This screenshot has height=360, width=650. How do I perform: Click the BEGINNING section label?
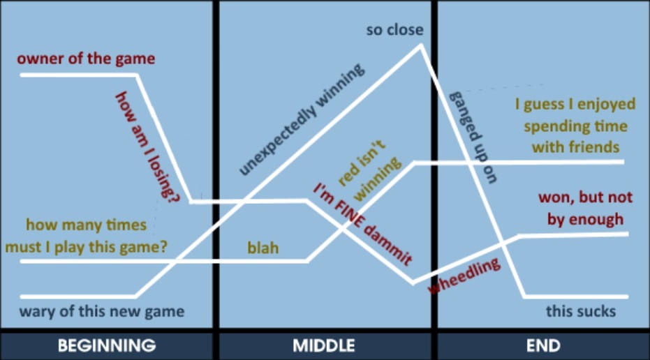(x=106, y=345)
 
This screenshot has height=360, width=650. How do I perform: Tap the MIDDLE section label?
(x=324, y=345)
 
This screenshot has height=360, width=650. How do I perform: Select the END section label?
(x=542, y=345)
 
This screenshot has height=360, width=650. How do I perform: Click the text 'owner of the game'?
(x=86, y=59)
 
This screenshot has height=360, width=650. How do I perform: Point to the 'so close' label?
(x=395, y=30)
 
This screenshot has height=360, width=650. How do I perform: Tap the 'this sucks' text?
(x=581, y=311)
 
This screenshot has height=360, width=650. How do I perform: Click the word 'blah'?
(x=263, y=248)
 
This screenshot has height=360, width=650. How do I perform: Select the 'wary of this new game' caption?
(x=102, y=311)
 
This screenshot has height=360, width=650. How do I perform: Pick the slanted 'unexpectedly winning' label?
(x=302, y=119)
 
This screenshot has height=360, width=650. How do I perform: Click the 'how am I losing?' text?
(x=147, y=147)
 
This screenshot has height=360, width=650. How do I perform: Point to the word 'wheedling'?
(x=464, y=276)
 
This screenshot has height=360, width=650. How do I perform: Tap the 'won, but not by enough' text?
(x=581, y=208)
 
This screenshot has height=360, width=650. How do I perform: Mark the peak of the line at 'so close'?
(x=420, y=47)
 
